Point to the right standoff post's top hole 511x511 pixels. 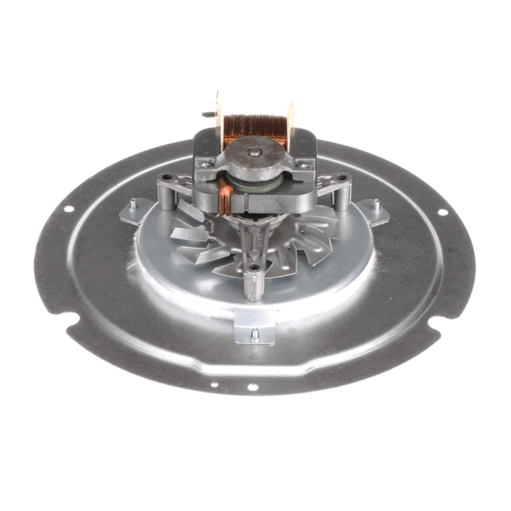click(342, 179)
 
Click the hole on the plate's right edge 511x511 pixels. click(443, 211)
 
